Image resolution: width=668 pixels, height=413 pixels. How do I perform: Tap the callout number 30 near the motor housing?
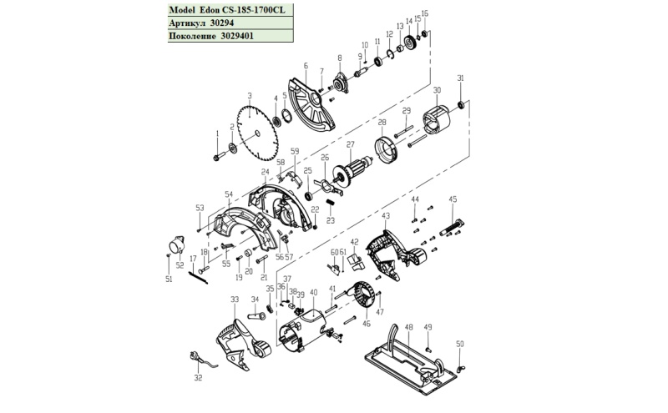437,90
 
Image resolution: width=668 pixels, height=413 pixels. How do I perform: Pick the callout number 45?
453,199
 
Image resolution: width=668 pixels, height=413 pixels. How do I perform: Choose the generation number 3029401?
238,37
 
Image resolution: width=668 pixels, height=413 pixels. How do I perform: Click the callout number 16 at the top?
425,14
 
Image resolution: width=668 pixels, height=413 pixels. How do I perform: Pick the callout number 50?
459,344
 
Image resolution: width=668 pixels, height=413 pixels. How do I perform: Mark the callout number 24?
265,172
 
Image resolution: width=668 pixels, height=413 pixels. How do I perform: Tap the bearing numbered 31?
460,106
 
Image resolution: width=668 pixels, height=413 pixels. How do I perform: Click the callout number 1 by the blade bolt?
215,133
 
